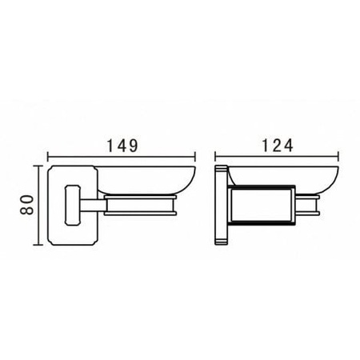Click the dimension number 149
[122, 146]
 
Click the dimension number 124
[278, 146]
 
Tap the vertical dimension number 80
[27, 205]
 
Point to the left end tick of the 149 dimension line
[48, 157]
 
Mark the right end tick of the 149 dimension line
[195, 157]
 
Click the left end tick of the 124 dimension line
[215, 157]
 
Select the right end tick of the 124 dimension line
[338, 157]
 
